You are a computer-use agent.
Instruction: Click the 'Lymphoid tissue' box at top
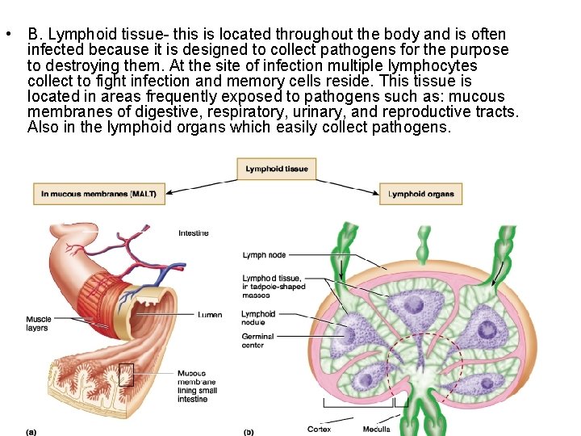tap(277, 169)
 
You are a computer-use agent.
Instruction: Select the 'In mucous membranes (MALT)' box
tap(98, 193)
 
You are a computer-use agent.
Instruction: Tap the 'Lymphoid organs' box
tap(420, 194)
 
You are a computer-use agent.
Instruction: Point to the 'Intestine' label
tap(194, 233)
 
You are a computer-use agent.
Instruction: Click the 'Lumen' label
tap(210, 314)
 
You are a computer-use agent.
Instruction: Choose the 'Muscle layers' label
tap(38, 323)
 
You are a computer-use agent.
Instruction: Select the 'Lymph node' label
tap(264, 255)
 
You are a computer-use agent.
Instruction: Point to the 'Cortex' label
tap(320, 429)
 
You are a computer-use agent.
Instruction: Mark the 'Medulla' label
tap(376, 429)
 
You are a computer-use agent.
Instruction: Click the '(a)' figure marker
tap(31, 431)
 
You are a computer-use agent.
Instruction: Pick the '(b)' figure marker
tap(249, 431)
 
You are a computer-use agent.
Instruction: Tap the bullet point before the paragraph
tap(6, 35)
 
